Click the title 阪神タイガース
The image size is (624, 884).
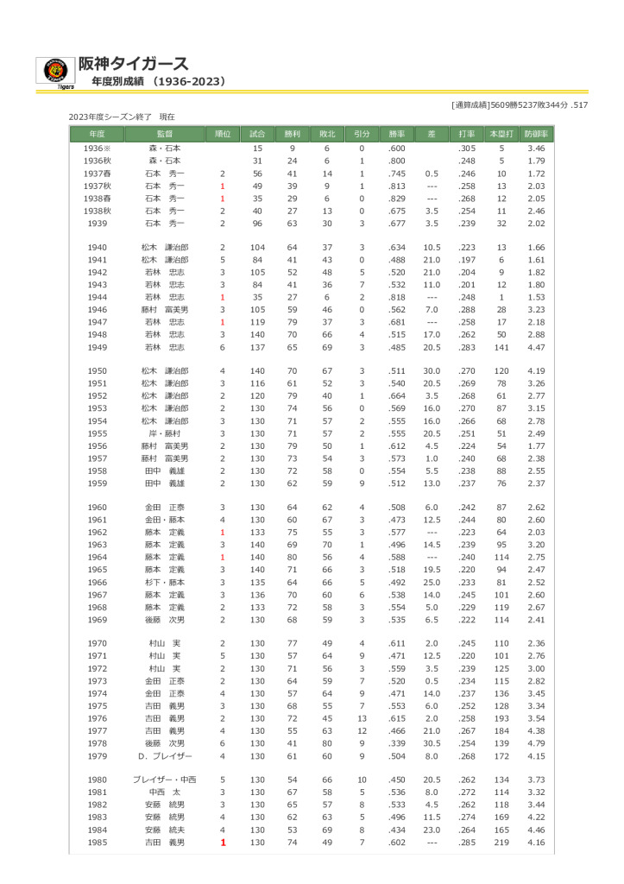coord(133,63)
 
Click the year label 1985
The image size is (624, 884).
coord(97,842)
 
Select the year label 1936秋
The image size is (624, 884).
coord(97,161)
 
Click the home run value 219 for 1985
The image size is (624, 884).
coord(501,842)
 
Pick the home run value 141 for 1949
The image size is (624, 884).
coord(501,347)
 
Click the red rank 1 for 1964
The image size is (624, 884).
coord(222,557)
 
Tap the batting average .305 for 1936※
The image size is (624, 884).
coord(467,148)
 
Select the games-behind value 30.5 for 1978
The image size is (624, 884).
coord(432,742)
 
